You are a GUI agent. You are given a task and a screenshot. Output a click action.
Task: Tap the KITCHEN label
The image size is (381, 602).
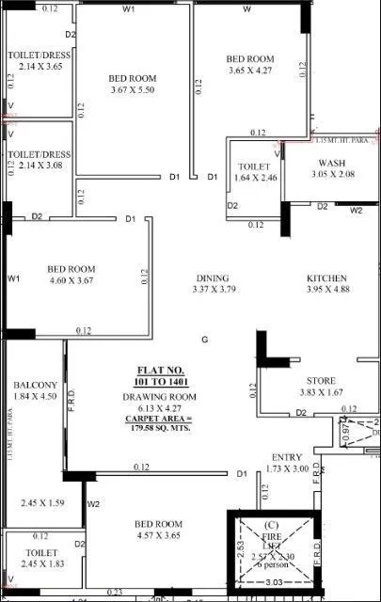tap(326, 279)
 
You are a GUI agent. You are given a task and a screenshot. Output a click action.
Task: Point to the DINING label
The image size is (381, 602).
tap(212, 278)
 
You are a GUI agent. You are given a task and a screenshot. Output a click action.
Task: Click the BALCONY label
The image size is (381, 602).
tap(36, 386)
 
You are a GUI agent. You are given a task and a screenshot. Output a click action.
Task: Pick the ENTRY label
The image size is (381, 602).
tap(287, 457)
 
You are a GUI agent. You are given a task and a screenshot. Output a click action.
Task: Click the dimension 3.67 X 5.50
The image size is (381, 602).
tap(132, 89)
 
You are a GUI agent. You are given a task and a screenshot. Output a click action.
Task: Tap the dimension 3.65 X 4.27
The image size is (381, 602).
tap(249, 70)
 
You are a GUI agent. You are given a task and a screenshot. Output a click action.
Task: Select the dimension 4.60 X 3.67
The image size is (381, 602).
tap(71, 281)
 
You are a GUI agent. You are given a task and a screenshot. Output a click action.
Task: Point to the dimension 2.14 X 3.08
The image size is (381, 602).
tap(39, 165)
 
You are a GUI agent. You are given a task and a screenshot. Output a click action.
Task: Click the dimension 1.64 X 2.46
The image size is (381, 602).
tap(255, 176)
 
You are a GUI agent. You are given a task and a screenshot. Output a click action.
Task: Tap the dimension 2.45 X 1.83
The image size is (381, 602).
tap(39, 562)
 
